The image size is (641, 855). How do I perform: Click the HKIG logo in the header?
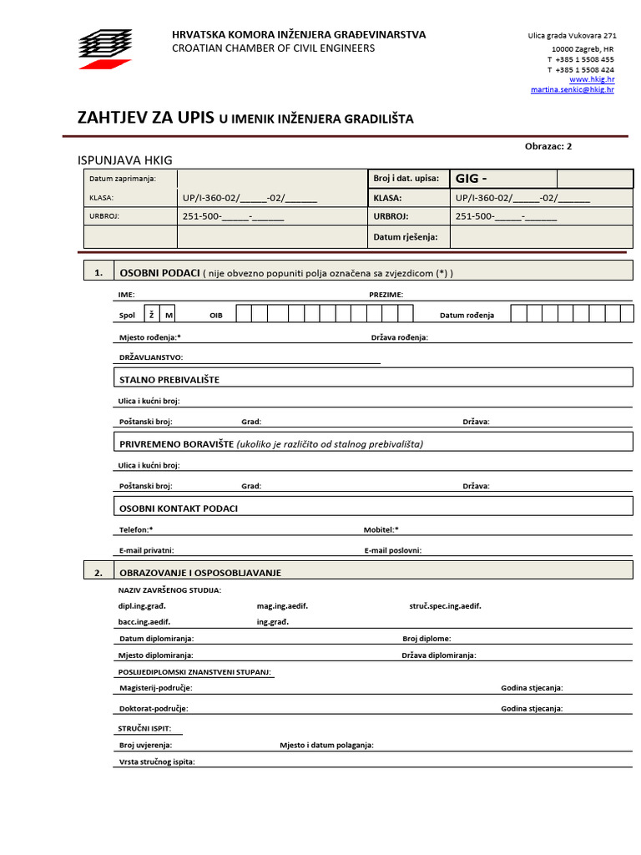tap(105, 48)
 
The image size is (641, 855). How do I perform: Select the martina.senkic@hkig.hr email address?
tap(572, 89)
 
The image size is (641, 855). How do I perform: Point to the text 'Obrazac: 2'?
tap(548, 146)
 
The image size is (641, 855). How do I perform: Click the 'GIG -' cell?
tap(502, 179)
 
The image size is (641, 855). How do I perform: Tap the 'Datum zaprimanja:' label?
tap(122, 179)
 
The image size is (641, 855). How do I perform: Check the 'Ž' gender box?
tap(152, 315)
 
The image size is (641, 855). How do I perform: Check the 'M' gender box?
tap(169, 315)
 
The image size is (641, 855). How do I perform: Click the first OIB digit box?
tap(244, 314)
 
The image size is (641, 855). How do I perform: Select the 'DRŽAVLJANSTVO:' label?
tap(151, 357)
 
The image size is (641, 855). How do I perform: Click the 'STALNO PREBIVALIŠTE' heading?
tap(169, 380)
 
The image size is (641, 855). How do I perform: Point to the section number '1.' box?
tap(98, 272)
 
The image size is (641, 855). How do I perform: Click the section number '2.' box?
tap(98, 573)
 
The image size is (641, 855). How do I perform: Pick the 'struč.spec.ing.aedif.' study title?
tap(445, 606)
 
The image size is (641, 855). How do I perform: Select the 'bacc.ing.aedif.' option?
tap(144, 622)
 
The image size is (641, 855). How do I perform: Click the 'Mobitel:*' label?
tap(381, 529)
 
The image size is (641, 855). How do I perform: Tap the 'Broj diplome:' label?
tap(426, 639)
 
